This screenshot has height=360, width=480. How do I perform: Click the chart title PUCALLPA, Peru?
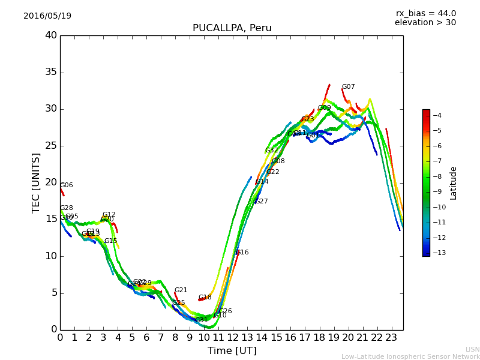point(232,28)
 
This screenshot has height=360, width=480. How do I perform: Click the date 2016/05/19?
point(47,16)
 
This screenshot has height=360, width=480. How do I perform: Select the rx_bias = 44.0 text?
point(425,14)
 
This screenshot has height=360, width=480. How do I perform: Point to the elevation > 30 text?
point(425,23)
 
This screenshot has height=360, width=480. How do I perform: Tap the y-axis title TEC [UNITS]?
point(36,182)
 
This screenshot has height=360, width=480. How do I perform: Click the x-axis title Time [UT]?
point(232,351)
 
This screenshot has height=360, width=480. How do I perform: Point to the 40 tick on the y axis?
point(50,35)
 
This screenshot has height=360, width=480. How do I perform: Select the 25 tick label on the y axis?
point(50,146)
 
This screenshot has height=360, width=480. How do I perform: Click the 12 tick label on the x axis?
point(233,337)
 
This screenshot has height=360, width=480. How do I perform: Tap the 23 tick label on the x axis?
point(391,337)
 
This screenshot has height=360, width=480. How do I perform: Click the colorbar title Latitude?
point(454,182)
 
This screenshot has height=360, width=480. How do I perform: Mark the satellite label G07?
point(348,87)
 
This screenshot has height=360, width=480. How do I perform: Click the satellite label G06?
point(66,185)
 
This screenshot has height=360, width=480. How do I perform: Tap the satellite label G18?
point(205,298)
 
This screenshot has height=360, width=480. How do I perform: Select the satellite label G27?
point(261,202)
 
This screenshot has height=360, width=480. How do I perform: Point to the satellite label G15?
point(110,241)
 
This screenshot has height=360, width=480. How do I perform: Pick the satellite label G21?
point(181,290)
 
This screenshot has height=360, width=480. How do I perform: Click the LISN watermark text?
point(472,349)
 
